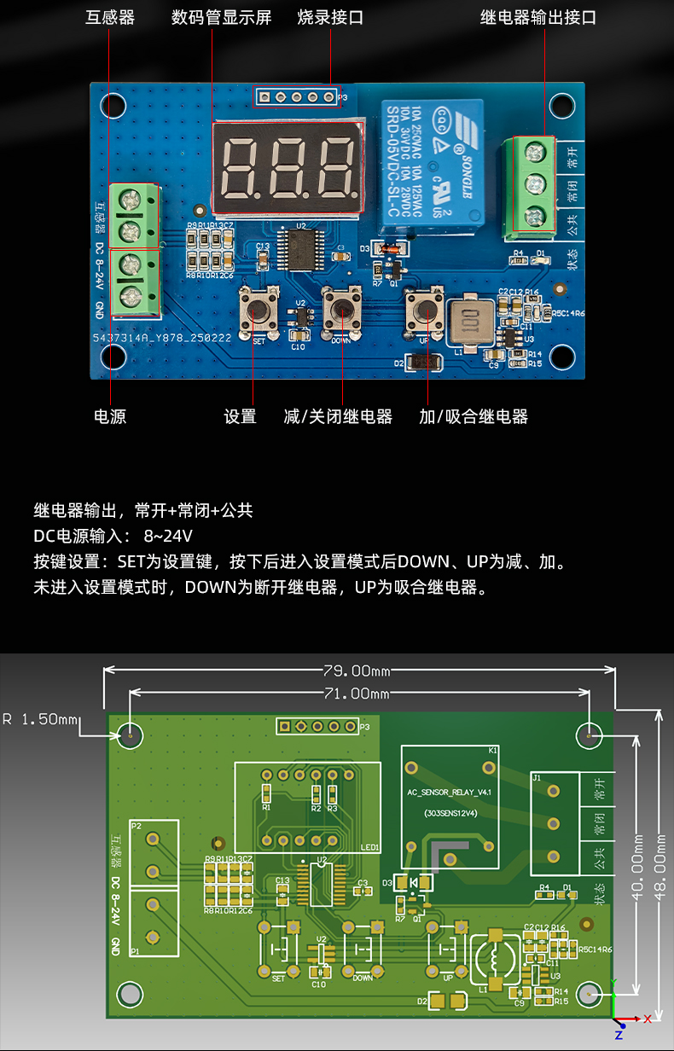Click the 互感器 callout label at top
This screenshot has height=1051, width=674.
click(x=110, y=18)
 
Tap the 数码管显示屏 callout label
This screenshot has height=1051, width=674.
click(x=221, y=18)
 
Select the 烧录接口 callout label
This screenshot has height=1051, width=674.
click(x=330, y=18)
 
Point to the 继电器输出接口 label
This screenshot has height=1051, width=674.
click(x=538, y=18)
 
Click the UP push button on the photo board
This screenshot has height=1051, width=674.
click(x=424, y=311)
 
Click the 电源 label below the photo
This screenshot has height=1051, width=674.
click(x=110, y=417)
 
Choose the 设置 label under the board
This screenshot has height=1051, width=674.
click(x=240, y=417)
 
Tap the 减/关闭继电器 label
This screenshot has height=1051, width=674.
click(x=338, y=417)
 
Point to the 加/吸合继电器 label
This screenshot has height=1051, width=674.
click(x=474, y=417)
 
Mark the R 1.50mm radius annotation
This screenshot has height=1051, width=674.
click(x=40, y=719)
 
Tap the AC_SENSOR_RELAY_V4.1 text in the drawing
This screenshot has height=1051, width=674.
click(x=452, y=792)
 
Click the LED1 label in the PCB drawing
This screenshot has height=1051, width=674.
click(x=371, y=847)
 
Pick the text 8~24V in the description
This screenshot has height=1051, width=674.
click(x=168, y=537)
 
